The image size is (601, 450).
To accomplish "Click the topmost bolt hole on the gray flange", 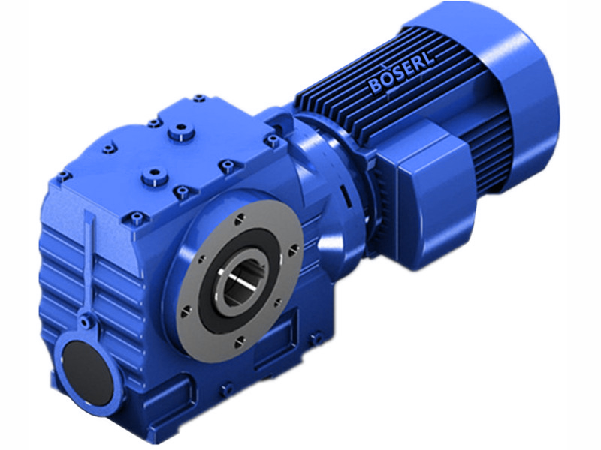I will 239,218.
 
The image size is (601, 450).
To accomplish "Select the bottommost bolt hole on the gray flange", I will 240,341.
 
